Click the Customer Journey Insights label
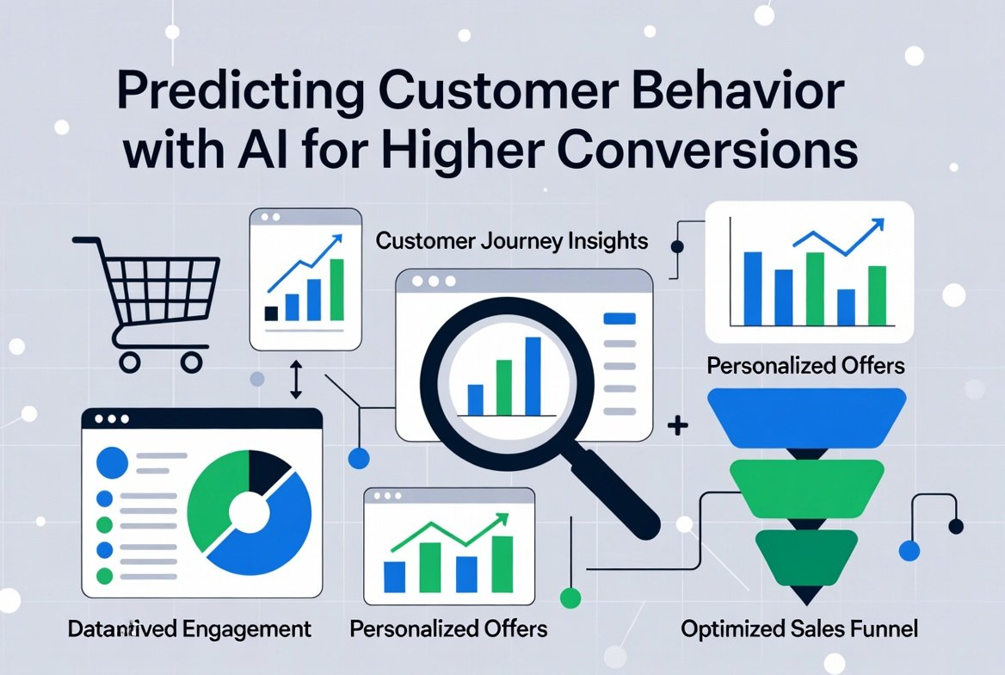pyautogui.click(x=512, y=240)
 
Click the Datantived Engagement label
pyautogui.click(x=189, y=629)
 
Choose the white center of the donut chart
pyautogui.click(x=248, y=514)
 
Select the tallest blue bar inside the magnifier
pyautogui.click(x=533, y=375)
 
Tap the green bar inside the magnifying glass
pyautogui.click(x=503, y=387)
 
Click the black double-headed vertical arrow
pyautogui.click(x=294, y=380)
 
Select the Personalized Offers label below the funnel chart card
pyautogui.click(x=805, y=365)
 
